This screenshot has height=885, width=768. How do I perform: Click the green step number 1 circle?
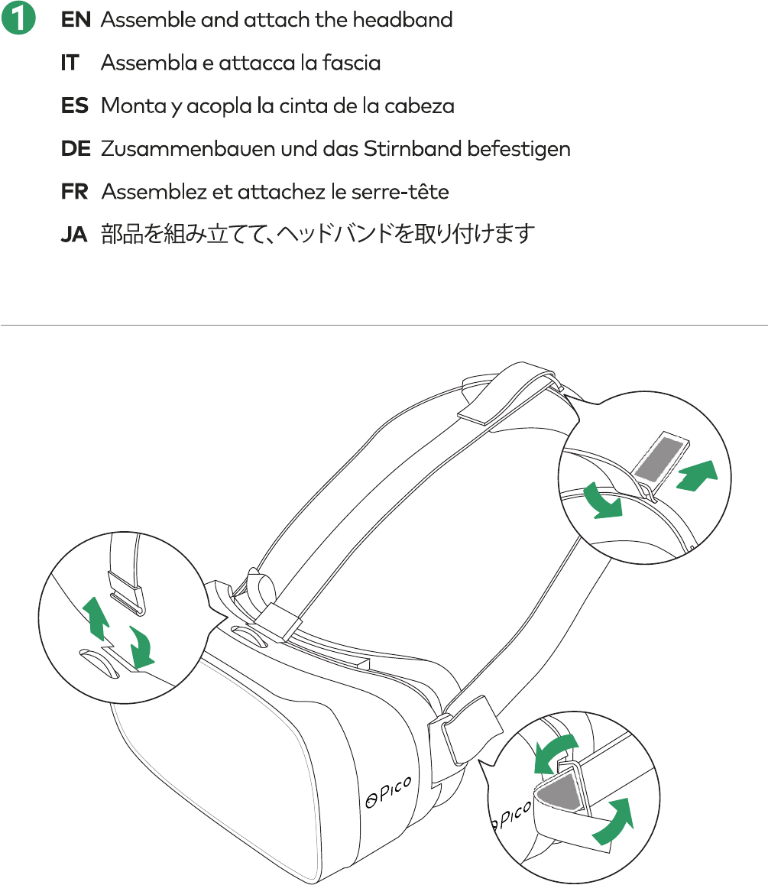(18, 20)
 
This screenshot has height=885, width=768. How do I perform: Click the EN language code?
(76, 21)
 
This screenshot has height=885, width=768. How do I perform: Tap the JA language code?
(74, 235)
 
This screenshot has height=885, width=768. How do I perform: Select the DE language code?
(76, 149)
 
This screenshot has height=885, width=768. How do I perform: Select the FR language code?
(75, 192)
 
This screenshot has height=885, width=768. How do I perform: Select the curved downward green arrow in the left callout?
(142, 646)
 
